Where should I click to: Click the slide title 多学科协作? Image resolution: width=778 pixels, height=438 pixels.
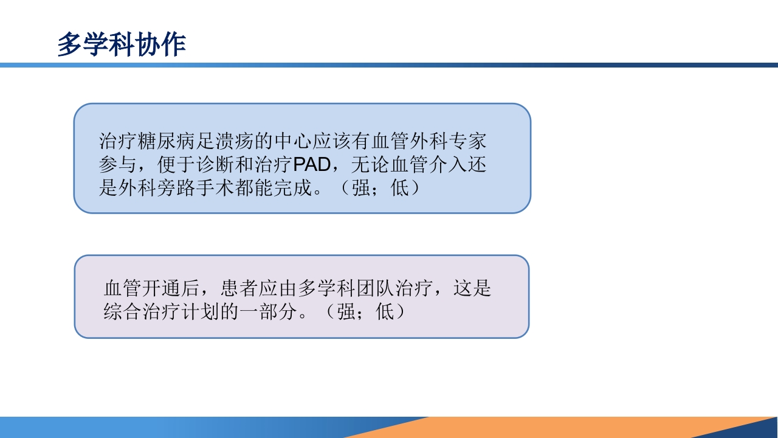click(x=122, y=45)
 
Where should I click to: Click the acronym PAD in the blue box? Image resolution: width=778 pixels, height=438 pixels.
click(x=311, y=165)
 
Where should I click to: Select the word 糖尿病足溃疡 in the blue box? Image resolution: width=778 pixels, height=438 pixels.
click(x=196, y=142)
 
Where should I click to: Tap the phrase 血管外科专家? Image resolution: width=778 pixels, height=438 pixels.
click(x=429, y=142)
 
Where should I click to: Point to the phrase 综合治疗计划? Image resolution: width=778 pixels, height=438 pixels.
click(x=162, y=312)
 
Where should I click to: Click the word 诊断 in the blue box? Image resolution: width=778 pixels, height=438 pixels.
click(x=215, y=165)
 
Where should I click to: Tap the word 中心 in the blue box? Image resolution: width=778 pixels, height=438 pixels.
click(x=292, y=142)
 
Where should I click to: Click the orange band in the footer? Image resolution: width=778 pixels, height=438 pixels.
click(x=547, y=427)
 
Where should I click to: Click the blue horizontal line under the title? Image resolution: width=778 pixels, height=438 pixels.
click(x=389, y=65)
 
